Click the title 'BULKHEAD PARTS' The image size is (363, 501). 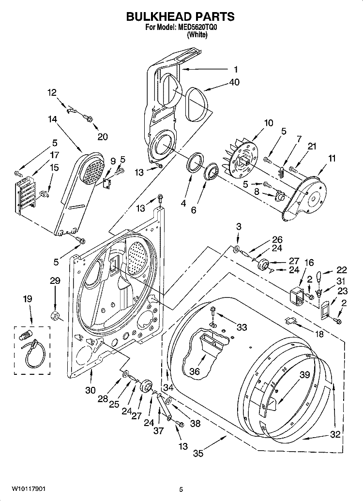pyautogui.click(x=180, y=16)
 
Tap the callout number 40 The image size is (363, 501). pyautogui.click(x=235, y=82)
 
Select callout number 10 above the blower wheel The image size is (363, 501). pyautogui.click(x=269, y=123)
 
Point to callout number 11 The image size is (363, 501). pyautogui.click(x=332, y=158)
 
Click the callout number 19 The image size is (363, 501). pyautogui.click(x=28, y=299)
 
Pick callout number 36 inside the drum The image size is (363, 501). pyautogui.click(x=195, y=372)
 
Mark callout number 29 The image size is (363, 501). pyautogui.click(x=55, y=280)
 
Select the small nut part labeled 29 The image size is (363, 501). pyautogui.click(x=55, y=317)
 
